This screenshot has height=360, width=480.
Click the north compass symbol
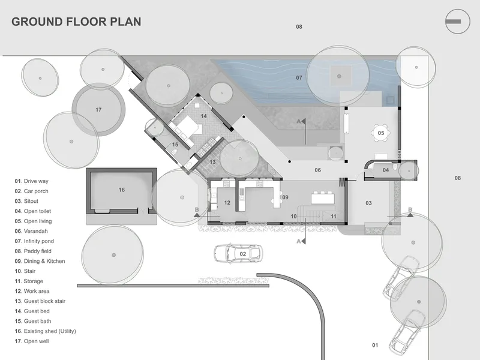[x=457, y=22]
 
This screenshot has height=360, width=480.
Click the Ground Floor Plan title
[x=76, y=22]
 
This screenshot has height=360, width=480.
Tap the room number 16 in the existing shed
[x=122, y=190]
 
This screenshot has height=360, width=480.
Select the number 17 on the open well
[x=98, y=110]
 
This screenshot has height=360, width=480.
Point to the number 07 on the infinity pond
[x=299, y=78]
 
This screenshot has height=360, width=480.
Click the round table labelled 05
[x=380, y=133]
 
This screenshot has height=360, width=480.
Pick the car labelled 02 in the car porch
[x=238, y=253]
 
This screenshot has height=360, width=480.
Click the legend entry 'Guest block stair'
[x=40, y=301]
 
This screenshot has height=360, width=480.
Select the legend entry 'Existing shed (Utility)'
[x=46, y=331]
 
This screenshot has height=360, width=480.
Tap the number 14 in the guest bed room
[x=203, y=116]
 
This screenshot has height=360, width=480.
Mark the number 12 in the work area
[x=227, y=203]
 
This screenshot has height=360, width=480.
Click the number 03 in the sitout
[x=368, y=203]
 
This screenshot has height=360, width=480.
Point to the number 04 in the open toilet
[x=386, y=170]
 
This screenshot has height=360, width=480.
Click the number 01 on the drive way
[x=375, y=345]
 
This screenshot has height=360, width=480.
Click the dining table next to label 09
[x=323, y=197]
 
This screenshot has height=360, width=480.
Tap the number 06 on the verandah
[x=318, y=170]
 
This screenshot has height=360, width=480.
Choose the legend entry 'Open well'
[x=32, y=341]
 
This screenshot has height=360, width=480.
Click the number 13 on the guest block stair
[x=212, y=162]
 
